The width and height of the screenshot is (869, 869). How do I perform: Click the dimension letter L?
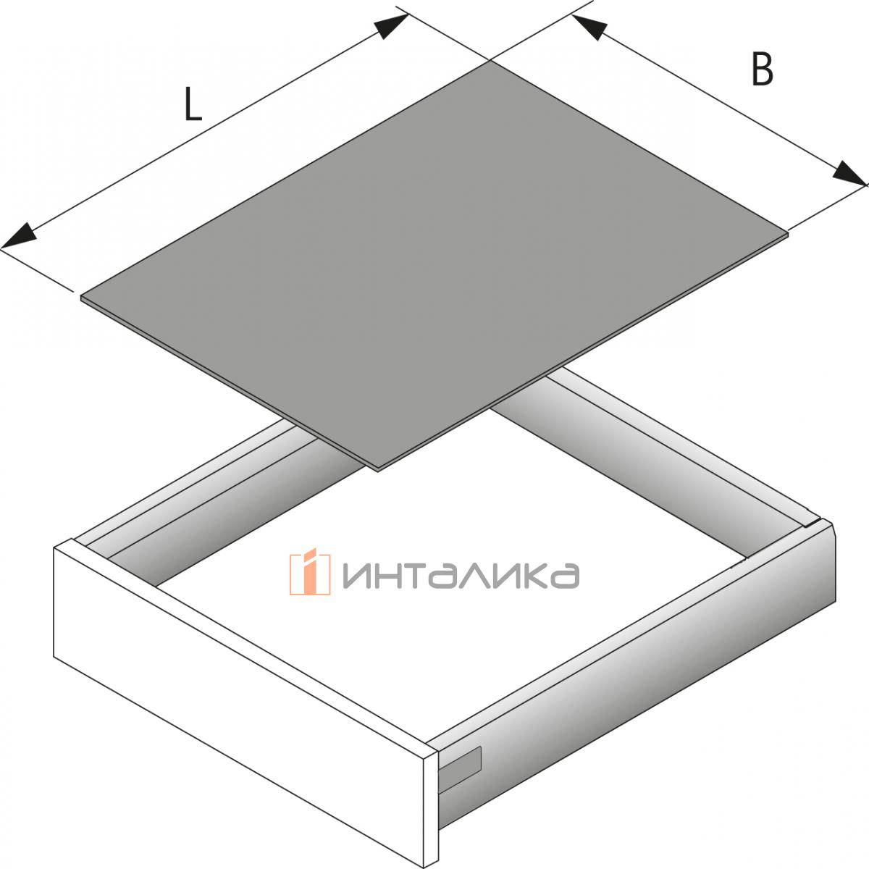[x=193, y=104]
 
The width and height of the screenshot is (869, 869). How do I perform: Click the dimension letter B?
[x=762, y=69]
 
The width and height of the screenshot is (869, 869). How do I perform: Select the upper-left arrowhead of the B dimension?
[x=588, y=27]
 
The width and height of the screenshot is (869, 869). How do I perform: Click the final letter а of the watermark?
[x=565, y=576]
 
